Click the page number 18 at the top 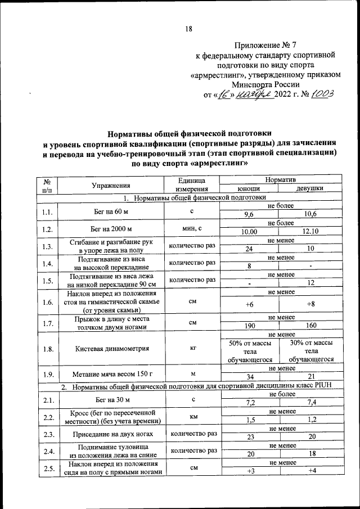click(189, 29)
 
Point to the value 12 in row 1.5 click(309, 284)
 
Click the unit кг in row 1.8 click(191, 348)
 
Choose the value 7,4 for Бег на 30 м click(309, 403)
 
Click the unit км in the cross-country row click(191, 417)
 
